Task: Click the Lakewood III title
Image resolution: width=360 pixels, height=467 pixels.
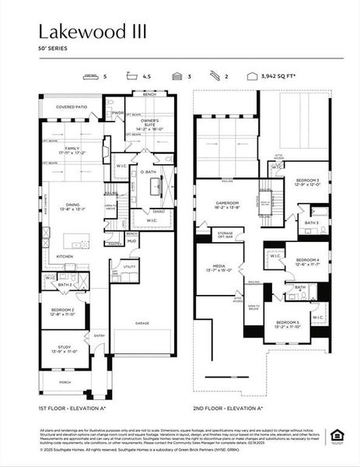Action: point(93,31)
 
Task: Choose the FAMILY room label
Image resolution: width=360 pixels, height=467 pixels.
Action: point(72,149)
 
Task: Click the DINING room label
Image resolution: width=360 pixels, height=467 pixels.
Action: point(71,205)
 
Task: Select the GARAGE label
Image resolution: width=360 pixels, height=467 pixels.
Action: point(142,321)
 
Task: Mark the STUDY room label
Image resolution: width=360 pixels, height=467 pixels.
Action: point(62,349)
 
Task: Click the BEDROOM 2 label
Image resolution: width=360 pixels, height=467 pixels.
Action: point(61,311)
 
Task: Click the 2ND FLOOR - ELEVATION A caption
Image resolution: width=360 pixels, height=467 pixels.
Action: point(228,407)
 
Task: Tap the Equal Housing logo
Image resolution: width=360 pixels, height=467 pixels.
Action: point(336,434)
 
